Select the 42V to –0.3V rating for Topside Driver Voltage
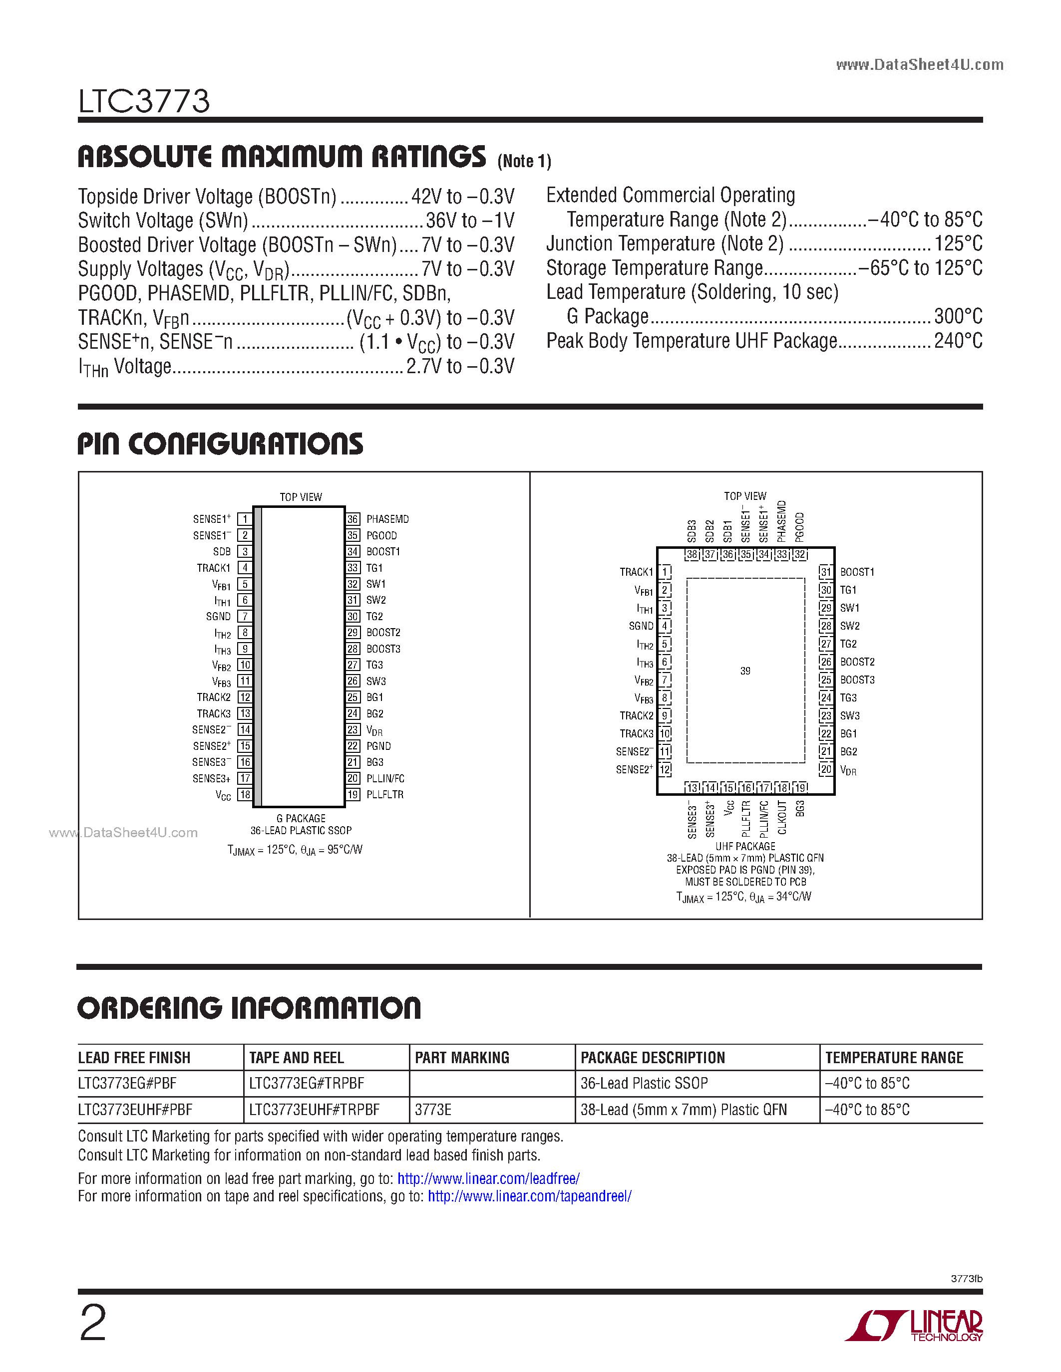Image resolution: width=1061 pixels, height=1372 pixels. [463, 197]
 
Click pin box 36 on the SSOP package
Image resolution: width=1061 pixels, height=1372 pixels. [353, 519]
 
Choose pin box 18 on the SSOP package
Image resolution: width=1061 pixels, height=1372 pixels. [245, 795]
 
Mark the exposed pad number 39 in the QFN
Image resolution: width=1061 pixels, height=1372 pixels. [745, 671]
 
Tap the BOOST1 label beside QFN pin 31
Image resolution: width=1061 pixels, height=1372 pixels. [857, 572]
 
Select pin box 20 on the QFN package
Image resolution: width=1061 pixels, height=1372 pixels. [826, 769]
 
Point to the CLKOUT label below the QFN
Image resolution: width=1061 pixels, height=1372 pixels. [782, 817]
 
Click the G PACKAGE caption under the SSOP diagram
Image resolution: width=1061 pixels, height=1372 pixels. [301, 819]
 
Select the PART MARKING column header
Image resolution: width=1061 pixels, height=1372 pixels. [462, 1058]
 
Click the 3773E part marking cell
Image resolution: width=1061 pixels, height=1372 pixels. [433, 1110]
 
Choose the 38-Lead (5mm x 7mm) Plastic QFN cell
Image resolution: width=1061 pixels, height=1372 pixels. [683, 1110]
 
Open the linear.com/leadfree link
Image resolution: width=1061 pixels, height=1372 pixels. [488, 1178]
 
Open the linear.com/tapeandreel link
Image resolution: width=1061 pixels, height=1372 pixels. [529, 1196]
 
